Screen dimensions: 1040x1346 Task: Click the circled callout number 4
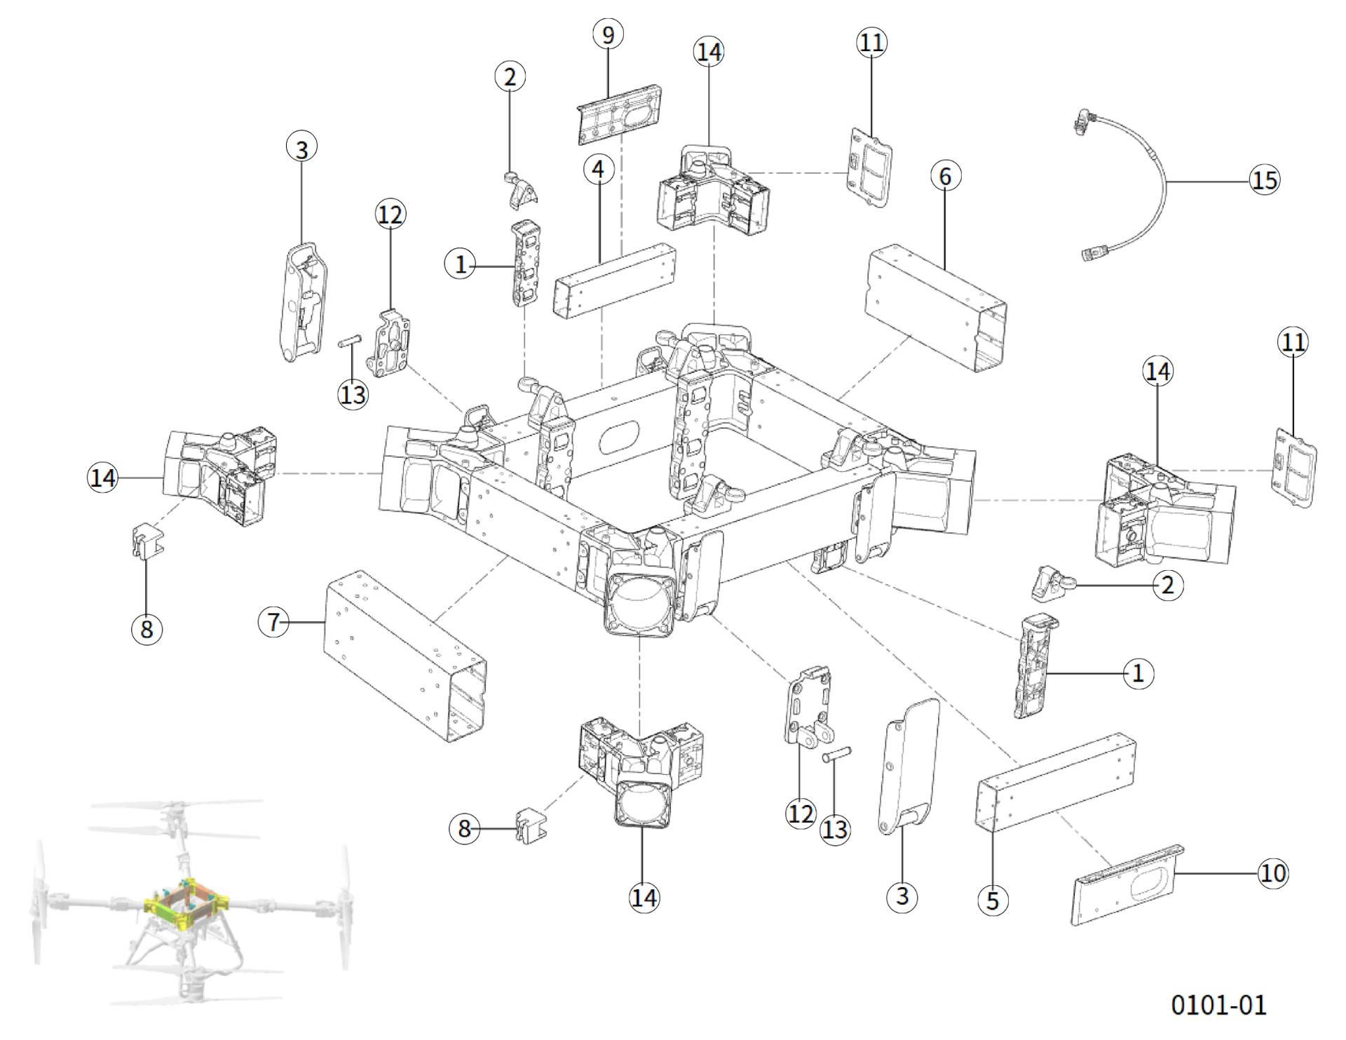coord(598,169)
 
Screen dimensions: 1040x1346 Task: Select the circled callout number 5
coord(992,899)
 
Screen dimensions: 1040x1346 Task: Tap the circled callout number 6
coord(945,176)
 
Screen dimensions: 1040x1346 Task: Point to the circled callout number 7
coord(273,621)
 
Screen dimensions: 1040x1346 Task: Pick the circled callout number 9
coord(608,34)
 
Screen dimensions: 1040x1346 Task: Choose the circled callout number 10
coord(1272,872)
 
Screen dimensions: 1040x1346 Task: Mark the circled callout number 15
coord(1265,180)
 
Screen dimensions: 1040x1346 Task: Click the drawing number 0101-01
coord(1218,1005)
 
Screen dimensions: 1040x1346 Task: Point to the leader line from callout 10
coord(1216,872)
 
